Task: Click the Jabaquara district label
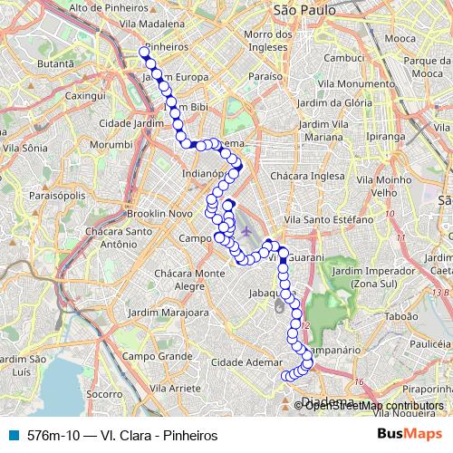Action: tap(269, 294)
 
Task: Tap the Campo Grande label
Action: tap(147, 356)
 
